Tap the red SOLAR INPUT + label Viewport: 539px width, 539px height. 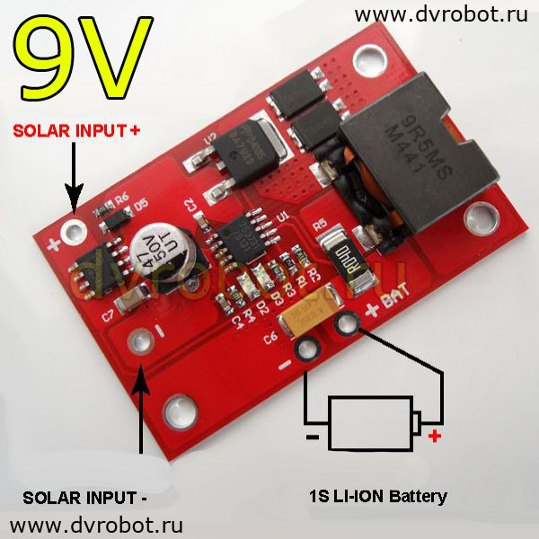tap(76, 131)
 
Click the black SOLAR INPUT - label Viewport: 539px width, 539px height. tap(84, 497)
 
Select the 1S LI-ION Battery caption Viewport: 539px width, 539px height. tap(377, 496)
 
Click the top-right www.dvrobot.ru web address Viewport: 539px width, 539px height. tap(440, 15)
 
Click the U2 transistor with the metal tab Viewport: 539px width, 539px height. tap(234, 148)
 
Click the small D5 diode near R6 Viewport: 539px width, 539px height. tap(115, 218)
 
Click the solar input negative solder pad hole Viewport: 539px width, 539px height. tap(140, 341)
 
